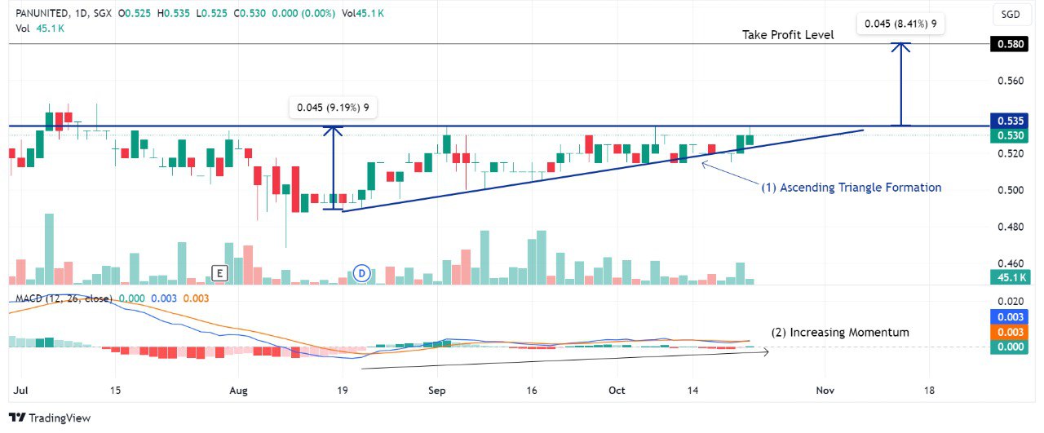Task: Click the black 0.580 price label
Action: (x=1009, y=44)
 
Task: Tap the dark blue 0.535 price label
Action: (x=1009, y=121)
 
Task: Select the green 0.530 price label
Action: (x=1009, y=135)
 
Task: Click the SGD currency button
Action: (x=1011, y=15)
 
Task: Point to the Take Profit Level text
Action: (x=788, y=35)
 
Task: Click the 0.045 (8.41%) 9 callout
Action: (x=900, y=24)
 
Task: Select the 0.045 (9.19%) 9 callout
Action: (x=333, y=108)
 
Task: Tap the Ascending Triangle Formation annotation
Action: (x=851, y=188)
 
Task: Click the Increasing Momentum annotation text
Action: (x=840, y=333)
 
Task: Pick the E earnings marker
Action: (x=219, y=273)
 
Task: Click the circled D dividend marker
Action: (x=361, y=274)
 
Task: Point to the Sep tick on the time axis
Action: (x=436, y=391)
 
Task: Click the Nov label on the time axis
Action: (x=825, y=391)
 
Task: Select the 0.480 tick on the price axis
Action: (x=1011, y=227)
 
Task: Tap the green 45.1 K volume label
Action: (x=1009, y=278)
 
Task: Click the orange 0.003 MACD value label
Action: (x=1009, y=332)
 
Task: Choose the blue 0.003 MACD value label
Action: (x=1009, y=317)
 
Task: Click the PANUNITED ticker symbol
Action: (x=43, y=14)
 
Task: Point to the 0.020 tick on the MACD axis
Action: (x=1011, y=302)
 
